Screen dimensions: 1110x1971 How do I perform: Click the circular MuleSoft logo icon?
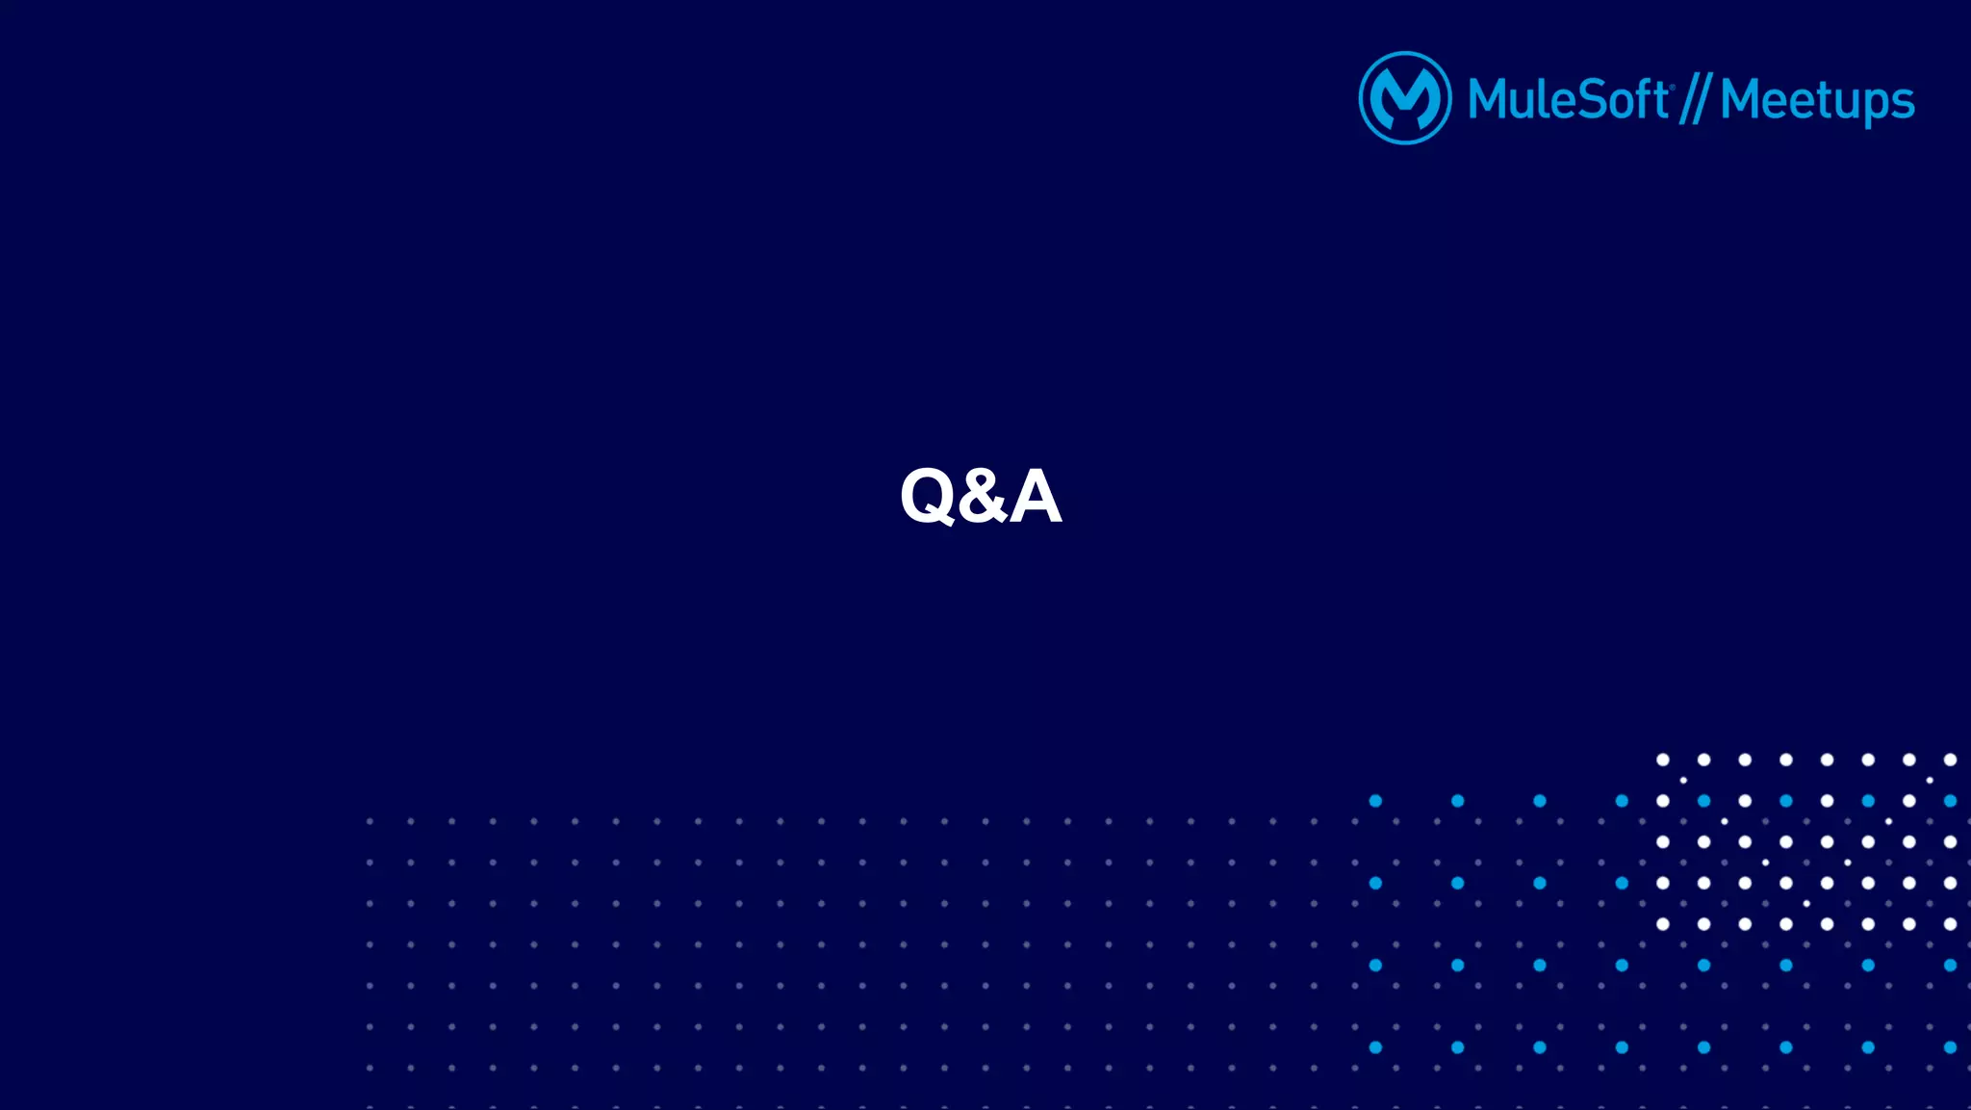pyautogui.click(x=1404, y=98)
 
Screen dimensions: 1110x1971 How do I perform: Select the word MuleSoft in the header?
pyautogui.click(x=1567, y=99)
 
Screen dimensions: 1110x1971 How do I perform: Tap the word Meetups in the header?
pyautogui.click(x=1817, y=101)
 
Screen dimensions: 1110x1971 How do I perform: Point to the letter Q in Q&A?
pyautogui.click(x=928, y=497)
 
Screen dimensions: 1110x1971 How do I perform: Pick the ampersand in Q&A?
pyautogui.click(x=982, y=497)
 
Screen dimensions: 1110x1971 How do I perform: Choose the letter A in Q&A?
pyautogui.click(x=1036, y=497)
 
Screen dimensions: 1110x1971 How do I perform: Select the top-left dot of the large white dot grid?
pyautogui.click(x=1662, y=760)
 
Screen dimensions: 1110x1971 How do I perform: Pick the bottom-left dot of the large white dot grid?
pyautogui.click(x=1662, y=924)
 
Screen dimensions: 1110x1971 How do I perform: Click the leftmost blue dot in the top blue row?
pyautogui.click(x=1375, y=801)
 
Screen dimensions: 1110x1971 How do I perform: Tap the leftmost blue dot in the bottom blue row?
pyautogui.click(x=1375, y=1047)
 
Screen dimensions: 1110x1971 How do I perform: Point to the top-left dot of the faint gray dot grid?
pyautogui.click(x=370, y=821)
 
